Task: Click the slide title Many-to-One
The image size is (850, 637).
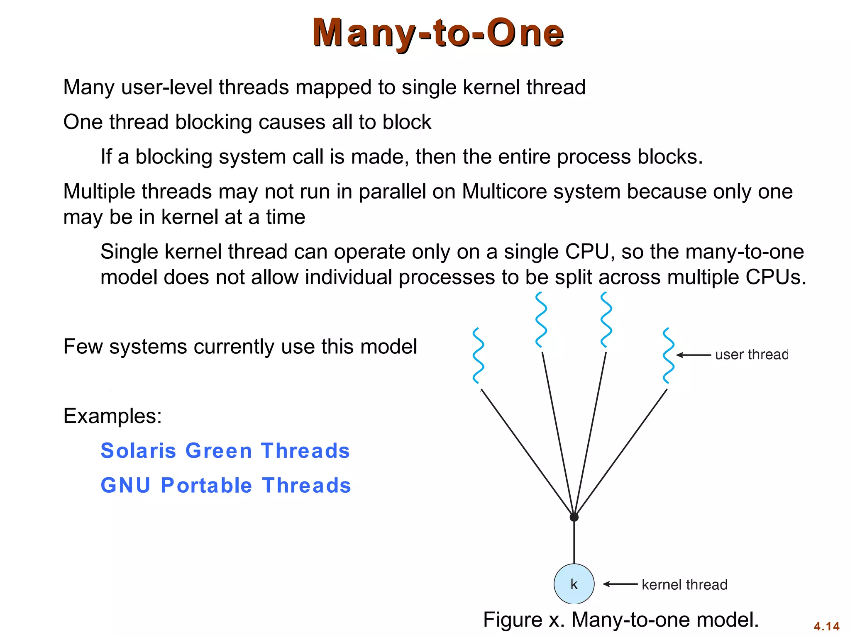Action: (438, 33)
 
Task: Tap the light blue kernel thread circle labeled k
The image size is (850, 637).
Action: (574, 584)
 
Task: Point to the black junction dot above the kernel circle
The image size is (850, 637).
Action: (574, 517)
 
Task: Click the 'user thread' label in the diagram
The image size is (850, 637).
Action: (751, 355)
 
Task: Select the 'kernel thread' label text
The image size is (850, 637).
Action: (684, 584)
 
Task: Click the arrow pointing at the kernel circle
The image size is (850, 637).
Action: (620, 584)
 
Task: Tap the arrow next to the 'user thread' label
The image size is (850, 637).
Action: (693, 355)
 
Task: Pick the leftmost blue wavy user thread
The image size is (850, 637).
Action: (479, 355)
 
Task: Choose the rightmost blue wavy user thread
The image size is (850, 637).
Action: (668, 355)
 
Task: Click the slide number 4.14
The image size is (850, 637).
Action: (826, 626)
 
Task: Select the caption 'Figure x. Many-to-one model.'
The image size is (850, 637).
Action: (621, 620)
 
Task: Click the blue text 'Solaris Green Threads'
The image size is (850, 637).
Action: (225, 451)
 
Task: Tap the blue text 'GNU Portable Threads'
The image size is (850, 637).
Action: (226, 486)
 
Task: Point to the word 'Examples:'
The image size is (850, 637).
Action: (112, 416)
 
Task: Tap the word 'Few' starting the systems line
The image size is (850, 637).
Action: (83, 346)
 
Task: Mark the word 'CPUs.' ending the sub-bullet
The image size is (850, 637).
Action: (776, 277)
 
